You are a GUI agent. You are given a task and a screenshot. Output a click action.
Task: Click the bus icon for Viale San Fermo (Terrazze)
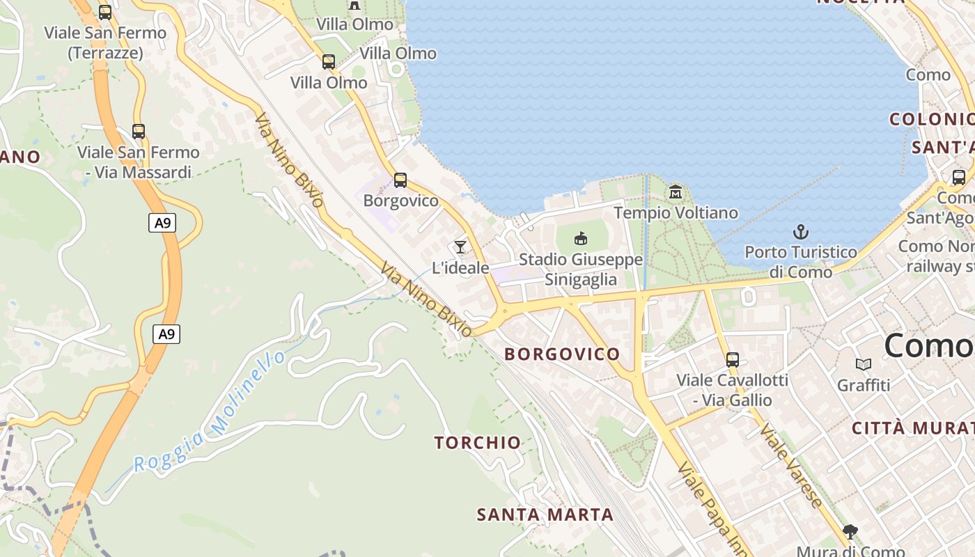pyautogui.click(x=105, y=12)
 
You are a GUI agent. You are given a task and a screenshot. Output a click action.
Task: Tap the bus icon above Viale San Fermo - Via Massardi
pyautogui.click(x=139, y=131)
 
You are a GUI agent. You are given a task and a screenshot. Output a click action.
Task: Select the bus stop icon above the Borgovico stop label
pyautogui.click(x=400, y=180)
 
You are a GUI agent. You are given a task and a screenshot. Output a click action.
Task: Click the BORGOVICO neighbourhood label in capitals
pyautogui.click(x=562, y=354)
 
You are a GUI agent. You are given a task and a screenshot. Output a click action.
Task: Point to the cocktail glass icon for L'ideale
pyautogui.click(x=460, y=246)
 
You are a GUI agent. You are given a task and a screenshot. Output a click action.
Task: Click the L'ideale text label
pyautogui.click(x=460, y=267)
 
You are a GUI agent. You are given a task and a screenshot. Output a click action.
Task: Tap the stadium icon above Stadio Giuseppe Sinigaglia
pyautogui.click(x=580, y=239)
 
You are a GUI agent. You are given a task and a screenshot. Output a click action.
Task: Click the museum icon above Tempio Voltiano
pyautogui.click(x=676, y=191)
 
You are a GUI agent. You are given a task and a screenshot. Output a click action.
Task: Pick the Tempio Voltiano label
pyautogui.click(x=676, y=212)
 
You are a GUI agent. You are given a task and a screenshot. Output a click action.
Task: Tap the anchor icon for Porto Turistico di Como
pyautogui.click(x=801, y=231)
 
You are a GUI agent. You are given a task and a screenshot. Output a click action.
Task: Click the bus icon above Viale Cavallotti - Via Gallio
pyautogui.click(x=733, y=359)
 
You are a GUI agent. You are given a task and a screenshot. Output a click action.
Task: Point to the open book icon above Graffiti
pyautogui.click(x=864, y=364)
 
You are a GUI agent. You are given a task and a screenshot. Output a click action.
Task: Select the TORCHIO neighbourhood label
pyautogui.click(x=478, y=442)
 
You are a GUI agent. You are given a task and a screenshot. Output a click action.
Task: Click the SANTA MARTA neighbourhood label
pyautogui.click(x=545, y=515)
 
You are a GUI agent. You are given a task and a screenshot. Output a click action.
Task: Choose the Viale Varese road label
pyautogui.click(x=791, y=464)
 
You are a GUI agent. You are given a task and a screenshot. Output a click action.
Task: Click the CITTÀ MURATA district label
pyautogui.click(x=912, y=427)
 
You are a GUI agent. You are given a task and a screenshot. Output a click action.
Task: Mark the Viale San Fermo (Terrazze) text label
pyautogui.click(x=105, y=42)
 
